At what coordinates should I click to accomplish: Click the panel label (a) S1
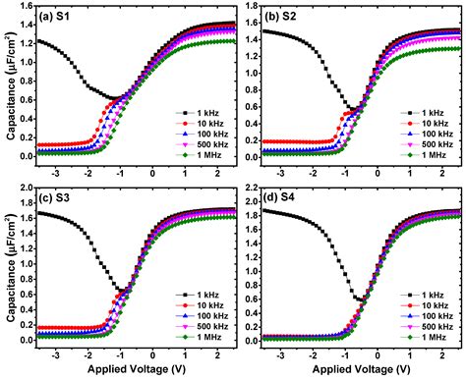click(54, 17)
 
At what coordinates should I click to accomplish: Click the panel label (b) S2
click(280, 17)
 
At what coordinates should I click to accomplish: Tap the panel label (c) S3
click(54, 198)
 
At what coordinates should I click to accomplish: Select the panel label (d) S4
click(280, 198)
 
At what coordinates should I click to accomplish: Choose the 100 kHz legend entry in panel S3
click(202, 316)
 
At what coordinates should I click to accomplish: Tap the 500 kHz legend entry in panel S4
click(427, 326)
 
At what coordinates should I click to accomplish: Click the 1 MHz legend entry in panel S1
click(199, 155)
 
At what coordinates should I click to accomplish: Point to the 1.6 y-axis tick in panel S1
click(27, 6)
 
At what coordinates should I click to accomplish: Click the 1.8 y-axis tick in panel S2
click(252, 6)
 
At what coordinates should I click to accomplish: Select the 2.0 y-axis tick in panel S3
click(27, 188)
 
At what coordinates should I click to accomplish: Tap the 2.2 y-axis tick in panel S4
click(252, 188)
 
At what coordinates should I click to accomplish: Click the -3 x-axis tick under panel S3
click(55, 355)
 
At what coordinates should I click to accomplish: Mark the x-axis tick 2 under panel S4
click(442, 355)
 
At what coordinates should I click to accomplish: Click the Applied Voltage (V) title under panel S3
click(137, 369)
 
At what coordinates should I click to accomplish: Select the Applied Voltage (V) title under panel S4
click(361, 369)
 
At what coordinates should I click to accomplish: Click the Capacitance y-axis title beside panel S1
click(11, 85)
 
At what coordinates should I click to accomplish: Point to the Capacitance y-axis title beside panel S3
click(11, 268)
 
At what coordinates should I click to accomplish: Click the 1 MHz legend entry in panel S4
click(423, 337)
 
